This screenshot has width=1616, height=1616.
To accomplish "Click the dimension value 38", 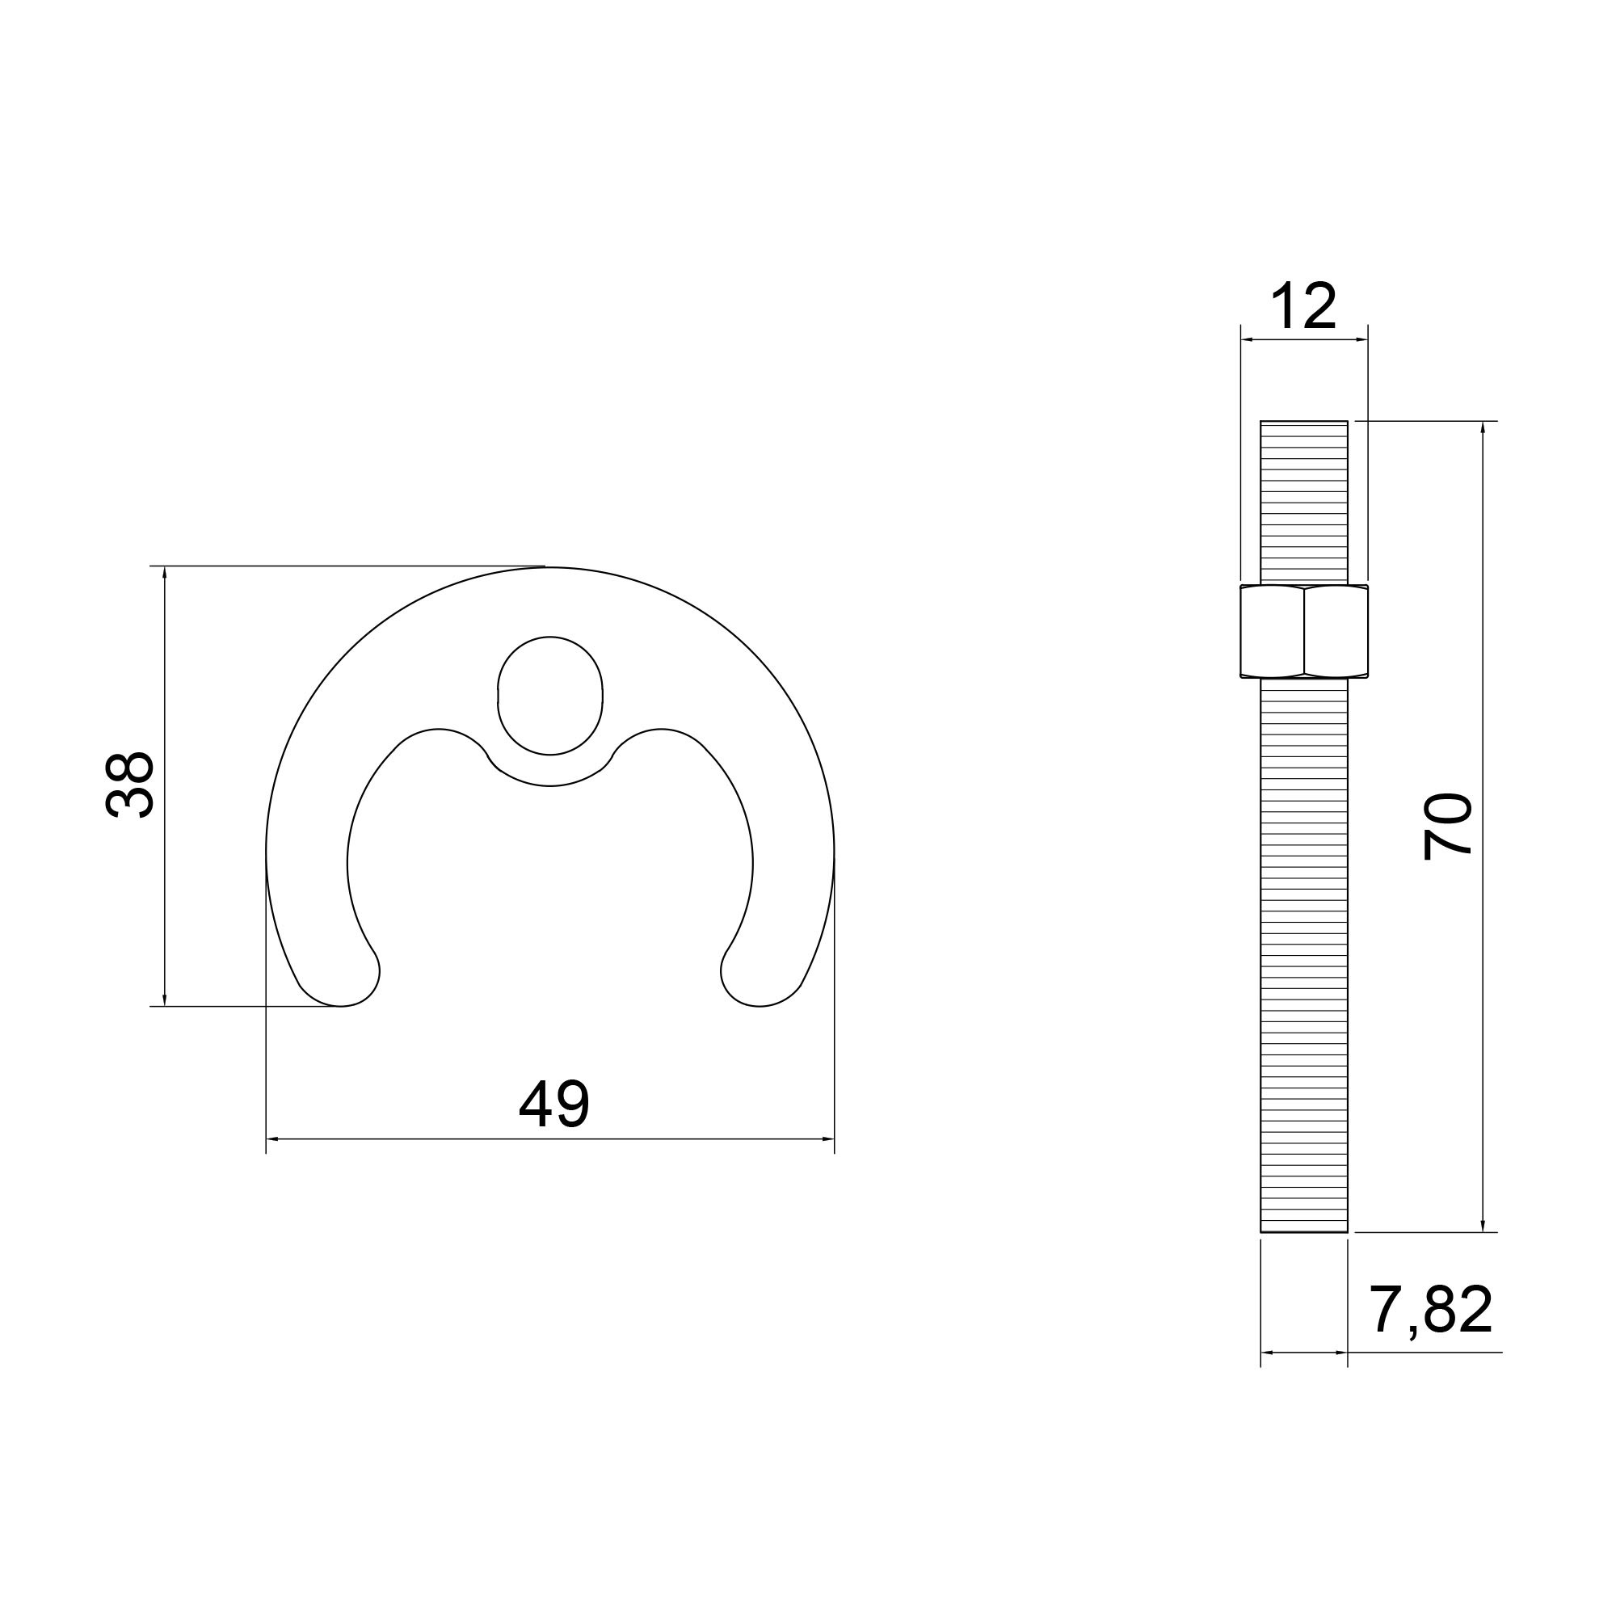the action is coord(129,784).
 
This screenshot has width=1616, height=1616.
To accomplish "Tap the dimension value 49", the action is coord(553,1103).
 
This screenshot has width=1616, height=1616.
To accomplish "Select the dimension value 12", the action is coord(1304,306).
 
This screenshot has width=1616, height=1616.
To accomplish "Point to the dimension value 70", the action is coord(1448,827).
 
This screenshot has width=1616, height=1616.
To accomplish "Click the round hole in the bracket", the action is coord(550,695).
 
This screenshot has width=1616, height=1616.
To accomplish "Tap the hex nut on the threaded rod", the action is coord(1305,631).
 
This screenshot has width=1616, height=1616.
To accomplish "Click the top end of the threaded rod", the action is coord(1304,422).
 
